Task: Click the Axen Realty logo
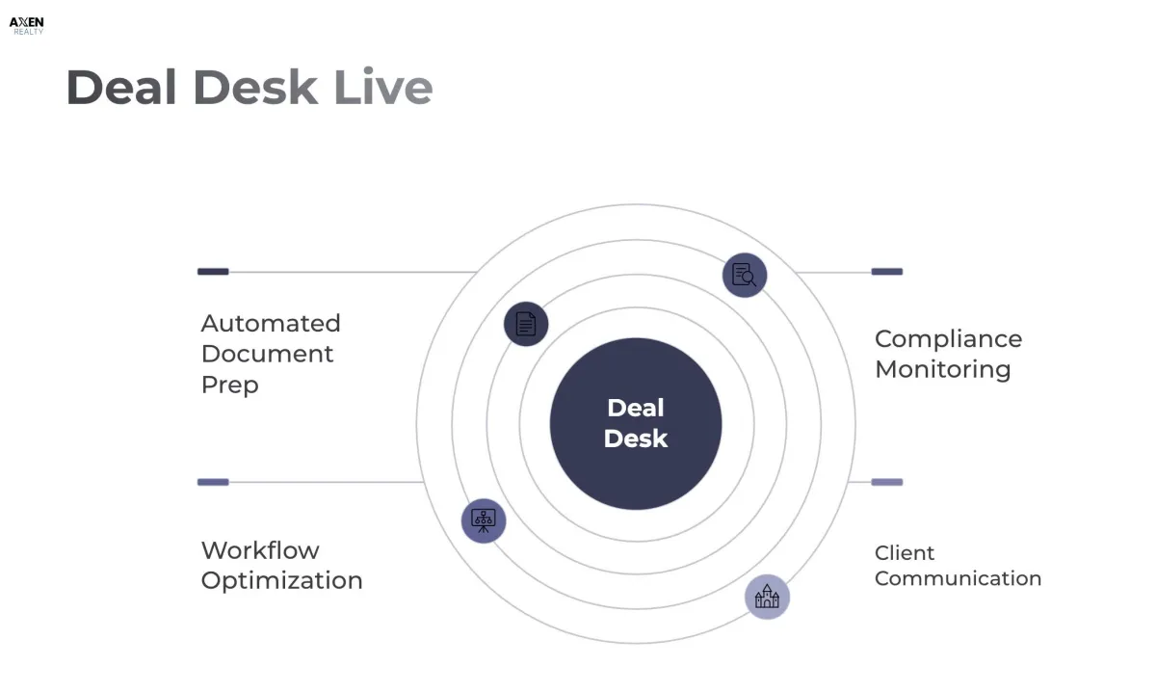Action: tap(26, 25)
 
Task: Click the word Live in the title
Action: tap(382, 88)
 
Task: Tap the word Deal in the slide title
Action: tap(121, 88)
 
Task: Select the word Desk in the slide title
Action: tap(255, 88)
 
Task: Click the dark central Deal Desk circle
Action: tap(636, 423)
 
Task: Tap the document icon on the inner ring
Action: tap(526, 323)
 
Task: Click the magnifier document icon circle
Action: tap(745, 275)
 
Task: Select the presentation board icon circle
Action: tap(484, 520)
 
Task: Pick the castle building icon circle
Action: tap(767, 597)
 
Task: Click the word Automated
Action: tap(271, 323)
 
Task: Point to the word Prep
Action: tap(229, 385)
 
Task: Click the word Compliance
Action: tap(948, 339)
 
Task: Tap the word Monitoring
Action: tap(942, 369)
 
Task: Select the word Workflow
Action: tap(260, 550)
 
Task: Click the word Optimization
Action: tap(281, 580)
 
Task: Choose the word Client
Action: tap(905, 553)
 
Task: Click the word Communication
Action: tap(958, 578)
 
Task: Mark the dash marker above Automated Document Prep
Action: tap(213, 272)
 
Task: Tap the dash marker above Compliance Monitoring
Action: tap(886, 272)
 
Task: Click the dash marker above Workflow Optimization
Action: tap(213, 482)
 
